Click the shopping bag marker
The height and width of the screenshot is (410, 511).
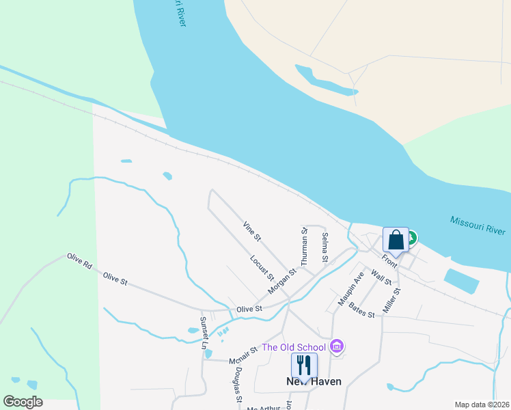(396, 241)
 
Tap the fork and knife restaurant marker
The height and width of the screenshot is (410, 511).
(304, 366)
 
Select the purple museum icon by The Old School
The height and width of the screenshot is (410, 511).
(335, 346)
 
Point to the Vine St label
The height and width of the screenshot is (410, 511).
(252, 231)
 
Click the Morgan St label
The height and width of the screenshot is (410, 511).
(282, 281)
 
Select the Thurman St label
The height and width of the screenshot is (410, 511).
(305, 247)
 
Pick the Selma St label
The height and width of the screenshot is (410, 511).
(325, 247)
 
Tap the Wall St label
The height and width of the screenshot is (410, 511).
(381, 277)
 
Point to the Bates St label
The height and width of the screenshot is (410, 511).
(362, 310)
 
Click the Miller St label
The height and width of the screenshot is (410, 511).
(391, 301)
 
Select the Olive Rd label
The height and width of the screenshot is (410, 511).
(79, 260)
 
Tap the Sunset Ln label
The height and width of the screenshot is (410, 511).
(204, 333)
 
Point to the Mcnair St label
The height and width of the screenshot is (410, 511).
(243, 355)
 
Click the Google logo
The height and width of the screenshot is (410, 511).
(23, 402)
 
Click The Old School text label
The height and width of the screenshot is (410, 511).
(294, 346)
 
